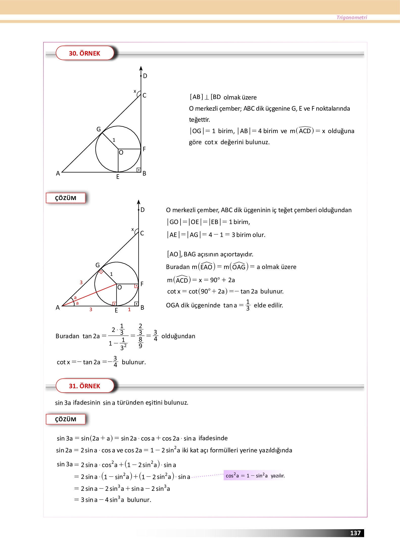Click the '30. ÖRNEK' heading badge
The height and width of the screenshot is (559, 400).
click(84, 53)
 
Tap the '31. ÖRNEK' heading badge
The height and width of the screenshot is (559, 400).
click(84, 386)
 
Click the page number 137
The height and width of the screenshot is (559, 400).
click(355, 533)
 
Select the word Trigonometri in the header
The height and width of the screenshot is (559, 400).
click(351, 17)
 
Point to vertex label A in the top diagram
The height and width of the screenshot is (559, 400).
click(58, 174)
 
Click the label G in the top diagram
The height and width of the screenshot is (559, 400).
click(99, 129)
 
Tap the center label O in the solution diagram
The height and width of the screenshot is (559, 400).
click(120, 287)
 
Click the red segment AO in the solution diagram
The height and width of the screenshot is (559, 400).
click(96, 293)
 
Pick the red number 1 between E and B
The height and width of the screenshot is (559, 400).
click(129, 309)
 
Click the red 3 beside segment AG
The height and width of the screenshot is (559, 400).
click(81, 282)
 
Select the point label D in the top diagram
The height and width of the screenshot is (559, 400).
click(145, 76)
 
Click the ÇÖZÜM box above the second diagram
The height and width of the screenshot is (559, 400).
click(66, 198)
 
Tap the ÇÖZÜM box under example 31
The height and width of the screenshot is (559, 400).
click(66, 419)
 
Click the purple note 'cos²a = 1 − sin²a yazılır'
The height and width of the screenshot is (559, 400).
click(255, 476)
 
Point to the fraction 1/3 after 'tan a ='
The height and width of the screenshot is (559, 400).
click(248, 305)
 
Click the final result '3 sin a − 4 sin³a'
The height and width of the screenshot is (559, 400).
click(102, 500)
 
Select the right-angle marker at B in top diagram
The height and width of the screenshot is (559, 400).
click(138, 170)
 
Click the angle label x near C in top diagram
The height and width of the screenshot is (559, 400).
click(135, 91)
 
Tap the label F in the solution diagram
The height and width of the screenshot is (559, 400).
click(142, 284)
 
